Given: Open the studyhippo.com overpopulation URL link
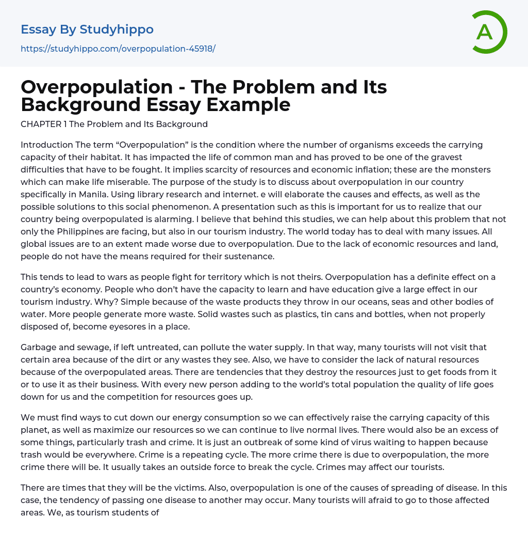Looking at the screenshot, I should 118,49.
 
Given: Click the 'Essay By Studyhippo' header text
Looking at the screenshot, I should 87,29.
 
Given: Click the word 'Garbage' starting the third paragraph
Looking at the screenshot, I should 39,347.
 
